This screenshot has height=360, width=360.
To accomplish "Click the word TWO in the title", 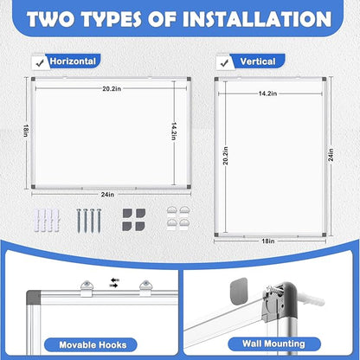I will click(x=58, y=18).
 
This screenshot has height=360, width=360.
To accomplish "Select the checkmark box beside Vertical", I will click(x=224, y=61).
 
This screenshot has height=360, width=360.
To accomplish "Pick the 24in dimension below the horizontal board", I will click(x=106, y=194).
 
